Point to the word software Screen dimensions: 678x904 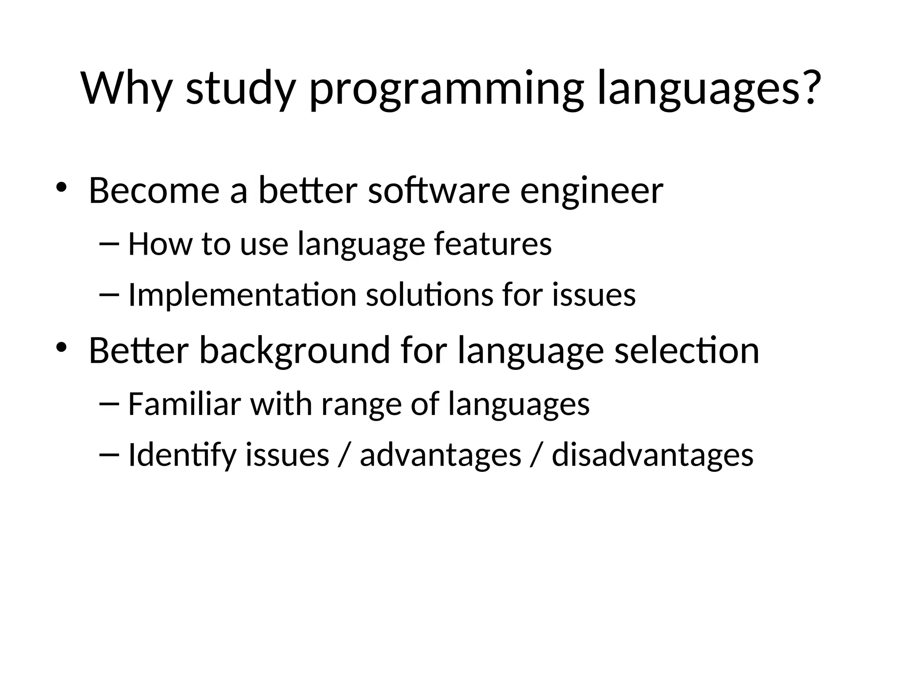439,191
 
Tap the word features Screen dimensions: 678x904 493,244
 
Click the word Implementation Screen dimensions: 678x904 242,295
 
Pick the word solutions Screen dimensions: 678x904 429,295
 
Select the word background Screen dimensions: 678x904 294,351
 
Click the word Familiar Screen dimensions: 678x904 185,403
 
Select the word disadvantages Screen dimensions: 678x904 652,455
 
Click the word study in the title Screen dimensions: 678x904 240,88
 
